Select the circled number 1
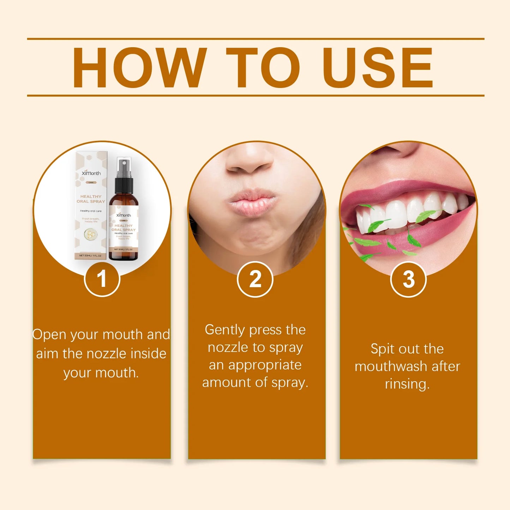point(102,279)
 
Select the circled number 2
point(255,279)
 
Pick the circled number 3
point(408,280)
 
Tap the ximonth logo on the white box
point(91,173)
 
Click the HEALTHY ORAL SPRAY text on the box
point(91,199)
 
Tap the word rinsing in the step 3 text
point(407,384)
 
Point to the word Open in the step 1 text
point(50,335)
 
